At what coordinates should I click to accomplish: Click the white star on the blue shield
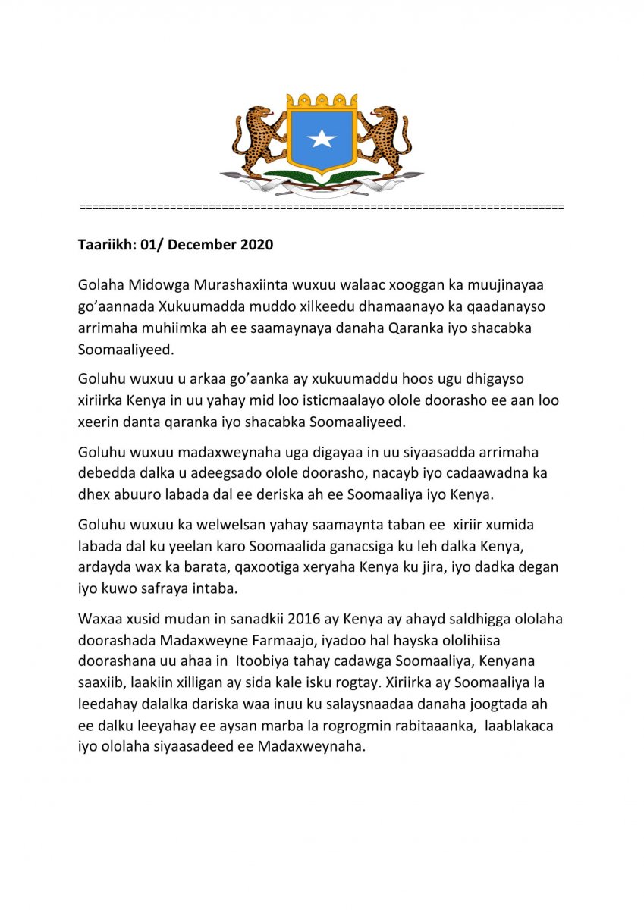322,139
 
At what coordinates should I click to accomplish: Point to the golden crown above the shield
322,102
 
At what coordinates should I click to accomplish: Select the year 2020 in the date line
257,246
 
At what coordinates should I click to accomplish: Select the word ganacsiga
403,546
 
